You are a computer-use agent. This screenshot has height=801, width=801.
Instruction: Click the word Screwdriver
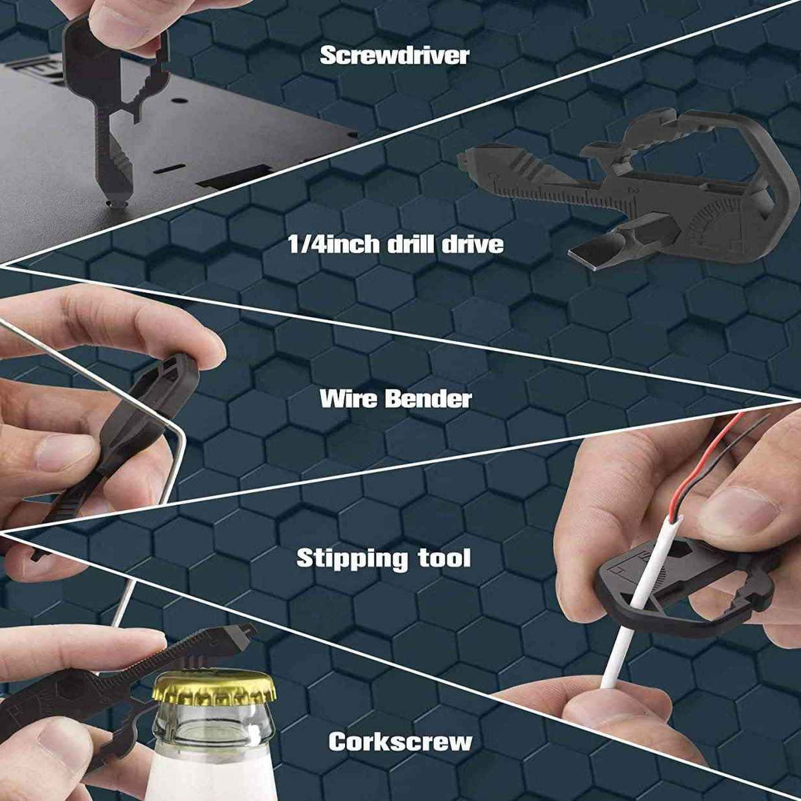(x=394, y=55)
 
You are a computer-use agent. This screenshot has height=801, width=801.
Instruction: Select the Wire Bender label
(x=395, y=399)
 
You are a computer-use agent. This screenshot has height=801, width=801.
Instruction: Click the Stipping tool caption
(x=383, y=558)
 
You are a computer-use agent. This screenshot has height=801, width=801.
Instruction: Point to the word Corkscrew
(x=400, y=742)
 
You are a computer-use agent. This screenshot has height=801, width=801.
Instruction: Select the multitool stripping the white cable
(x=681, y=587)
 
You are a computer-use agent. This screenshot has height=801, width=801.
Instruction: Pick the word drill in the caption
(x=409, y=244)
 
